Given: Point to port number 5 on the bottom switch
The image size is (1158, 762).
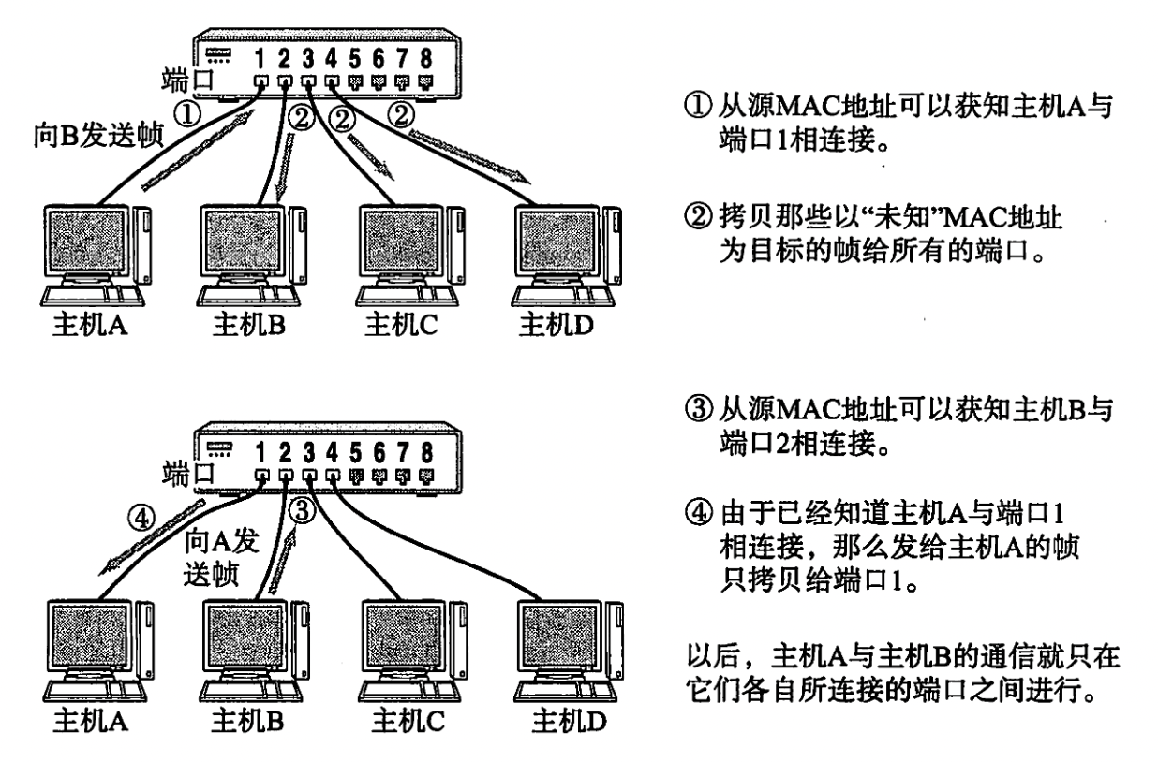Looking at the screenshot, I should click(352, 453).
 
